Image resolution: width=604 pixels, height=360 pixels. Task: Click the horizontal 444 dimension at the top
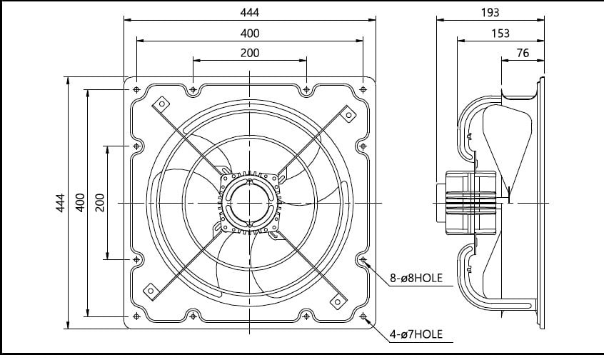250,12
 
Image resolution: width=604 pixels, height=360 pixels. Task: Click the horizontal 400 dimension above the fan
250,34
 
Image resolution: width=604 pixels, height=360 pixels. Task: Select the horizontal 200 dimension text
250,53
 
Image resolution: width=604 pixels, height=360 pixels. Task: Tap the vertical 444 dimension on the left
61,203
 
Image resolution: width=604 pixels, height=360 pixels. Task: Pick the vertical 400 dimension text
80,203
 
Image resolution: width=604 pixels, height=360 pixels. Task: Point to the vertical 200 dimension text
99,203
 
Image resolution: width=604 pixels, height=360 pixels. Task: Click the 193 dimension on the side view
490,12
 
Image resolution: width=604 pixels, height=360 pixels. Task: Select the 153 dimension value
500,34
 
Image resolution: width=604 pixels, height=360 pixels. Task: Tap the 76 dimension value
523,53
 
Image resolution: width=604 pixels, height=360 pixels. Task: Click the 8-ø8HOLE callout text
416,278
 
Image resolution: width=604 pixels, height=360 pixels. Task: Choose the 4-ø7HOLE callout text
416,334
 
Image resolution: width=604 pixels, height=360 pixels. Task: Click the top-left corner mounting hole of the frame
136,90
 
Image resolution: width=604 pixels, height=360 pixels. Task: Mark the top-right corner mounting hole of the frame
363,90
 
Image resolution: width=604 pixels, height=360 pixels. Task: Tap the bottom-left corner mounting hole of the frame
136,316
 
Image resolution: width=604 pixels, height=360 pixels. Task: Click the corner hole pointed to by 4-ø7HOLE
363,316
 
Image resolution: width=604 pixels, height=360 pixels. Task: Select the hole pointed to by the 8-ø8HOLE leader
363,260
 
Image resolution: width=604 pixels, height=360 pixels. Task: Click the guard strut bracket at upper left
161,104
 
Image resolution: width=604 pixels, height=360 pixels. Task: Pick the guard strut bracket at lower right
338,301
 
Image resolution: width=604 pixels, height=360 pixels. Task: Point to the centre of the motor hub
250,203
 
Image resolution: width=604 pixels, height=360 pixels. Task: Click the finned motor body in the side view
470,203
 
